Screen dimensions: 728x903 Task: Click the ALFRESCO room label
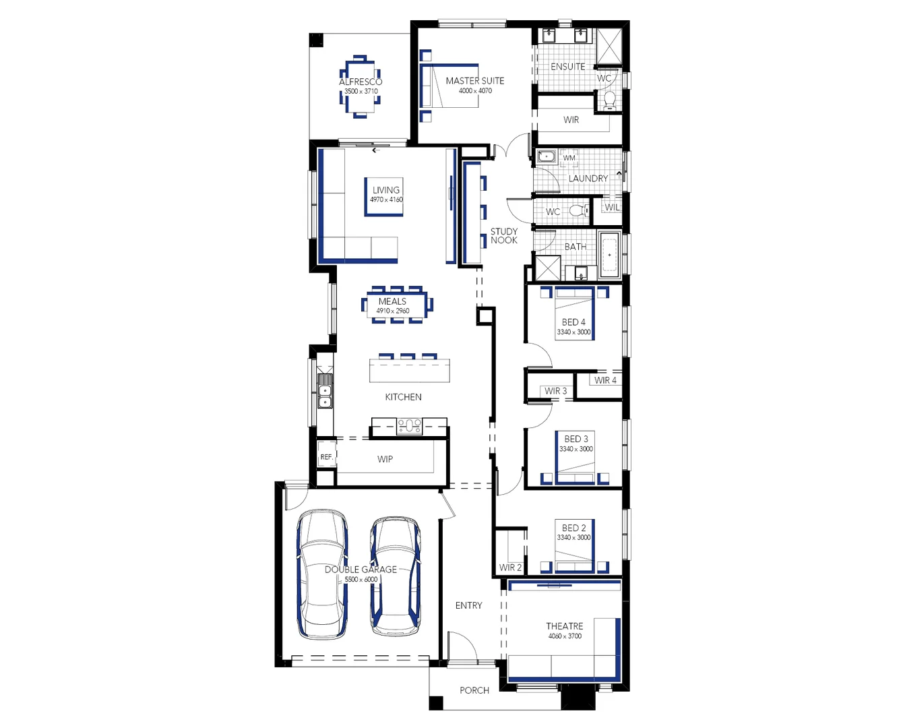(x=361, y=82)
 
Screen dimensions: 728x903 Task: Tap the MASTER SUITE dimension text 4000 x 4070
(x=475, y=91)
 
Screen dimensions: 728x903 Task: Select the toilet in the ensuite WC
(x=609, y=100)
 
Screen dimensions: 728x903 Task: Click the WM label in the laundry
(x=569, y=158)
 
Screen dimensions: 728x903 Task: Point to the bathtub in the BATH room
(x=609, y=255)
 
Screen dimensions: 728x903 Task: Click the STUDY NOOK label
(x=504, y=236)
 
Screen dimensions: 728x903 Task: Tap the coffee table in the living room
(x=384, y=197)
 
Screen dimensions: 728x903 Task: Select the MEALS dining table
(x=397, y=305)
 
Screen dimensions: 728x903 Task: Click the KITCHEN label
(x=403, y=397)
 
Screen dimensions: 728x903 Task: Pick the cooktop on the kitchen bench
(x=409, y=425)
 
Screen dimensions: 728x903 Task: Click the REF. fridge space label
(x=326, y=457)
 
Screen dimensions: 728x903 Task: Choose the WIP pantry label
(x=385, y=459)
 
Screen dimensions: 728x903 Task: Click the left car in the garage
(x=322, y=573)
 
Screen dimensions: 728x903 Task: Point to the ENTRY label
(x=468, y=605)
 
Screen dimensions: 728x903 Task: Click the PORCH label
(x=474, y=690)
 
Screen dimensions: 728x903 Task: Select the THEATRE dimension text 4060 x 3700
(x=565, y=636)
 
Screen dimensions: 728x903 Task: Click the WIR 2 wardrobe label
(x=510, y=568)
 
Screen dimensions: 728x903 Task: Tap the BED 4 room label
(x=573, y=322)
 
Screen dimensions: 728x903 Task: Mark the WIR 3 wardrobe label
(x=556, y=391)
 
